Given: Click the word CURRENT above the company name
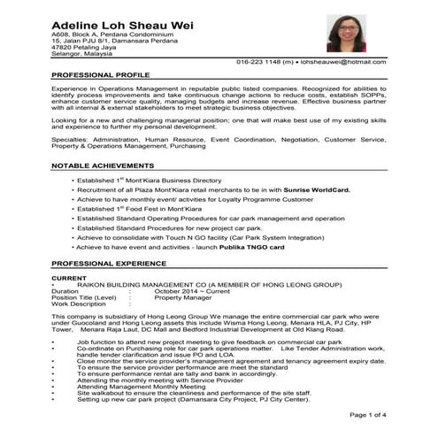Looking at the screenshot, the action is (69, 278).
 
